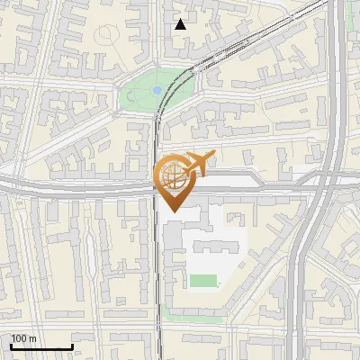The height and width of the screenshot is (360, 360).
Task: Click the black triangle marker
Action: pos(181,24)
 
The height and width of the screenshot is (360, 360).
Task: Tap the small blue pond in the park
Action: pos(157,90)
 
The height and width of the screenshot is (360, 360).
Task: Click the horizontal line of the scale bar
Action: pos(41,346)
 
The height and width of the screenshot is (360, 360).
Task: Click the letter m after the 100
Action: pos(33,338)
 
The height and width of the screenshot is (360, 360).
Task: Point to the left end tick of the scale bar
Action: pos(11,345)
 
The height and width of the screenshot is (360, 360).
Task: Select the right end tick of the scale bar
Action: pos(72,345)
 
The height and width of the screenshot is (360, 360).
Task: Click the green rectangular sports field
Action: pos(203,281)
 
